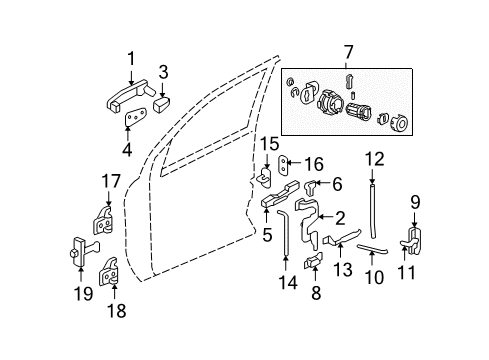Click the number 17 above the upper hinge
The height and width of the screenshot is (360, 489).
pyautogui.click(x=109, y=182)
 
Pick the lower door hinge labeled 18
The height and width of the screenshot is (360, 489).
pyautogui.click(x=113, y=267)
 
